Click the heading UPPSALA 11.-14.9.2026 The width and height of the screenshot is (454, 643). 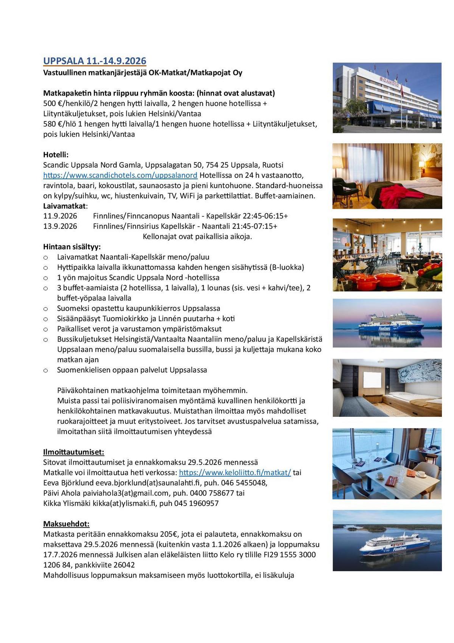click(x=95, y=61)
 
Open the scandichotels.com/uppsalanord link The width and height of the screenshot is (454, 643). click(x=120, y=175)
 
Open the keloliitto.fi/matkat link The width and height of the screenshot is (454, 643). click(x=235, y=472)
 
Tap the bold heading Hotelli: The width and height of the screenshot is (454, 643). click(x=56, y=155)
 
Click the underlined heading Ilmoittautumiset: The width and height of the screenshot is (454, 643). click(x=73, y=452)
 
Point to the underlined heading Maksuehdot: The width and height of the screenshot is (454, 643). click(x=66, y=524)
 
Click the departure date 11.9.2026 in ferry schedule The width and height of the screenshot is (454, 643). click(x=60, y=216)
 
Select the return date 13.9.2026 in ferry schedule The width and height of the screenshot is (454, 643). click(x=60, y=226)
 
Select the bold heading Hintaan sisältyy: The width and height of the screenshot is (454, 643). click(x=72, y=247)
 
